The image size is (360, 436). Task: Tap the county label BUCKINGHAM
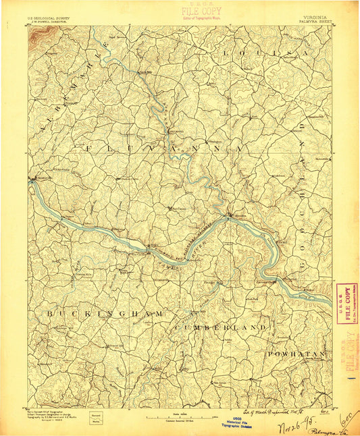click(105, 315)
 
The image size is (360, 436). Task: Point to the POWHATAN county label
click(297, 354)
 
